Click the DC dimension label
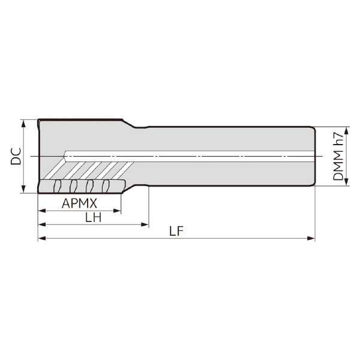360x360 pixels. coord(16,157)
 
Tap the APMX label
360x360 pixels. coord(79,203)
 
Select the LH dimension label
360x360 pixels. coord(93,217)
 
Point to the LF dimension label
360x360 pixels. coord(176,231)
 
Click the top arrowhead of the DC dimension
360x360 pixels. coord(23,123)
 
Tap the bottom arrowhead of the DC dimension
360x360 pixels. coord(23,190)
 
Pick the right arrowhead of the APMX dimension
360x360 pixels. coord(117,211)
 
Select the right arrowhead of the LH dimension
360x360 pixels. coord(145,224)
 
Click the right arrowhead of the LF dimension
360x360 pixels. coord(311,238)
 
